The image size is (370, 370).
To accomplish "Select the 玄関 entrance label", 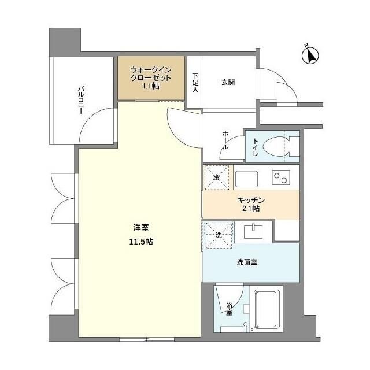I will coord(228,82).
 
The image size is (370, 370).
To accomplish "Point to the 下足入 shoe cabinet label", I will coord(195,82).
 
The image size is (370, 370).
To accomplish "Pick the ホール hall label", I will coord(225,140).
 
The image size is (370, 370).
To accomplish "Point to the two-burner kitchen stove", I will coord(280,177).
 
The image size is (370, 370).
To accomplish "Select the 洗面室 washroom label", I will coord(247,261).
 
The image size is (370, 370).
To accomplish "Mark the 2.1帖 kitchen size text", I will coord(251,209).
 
